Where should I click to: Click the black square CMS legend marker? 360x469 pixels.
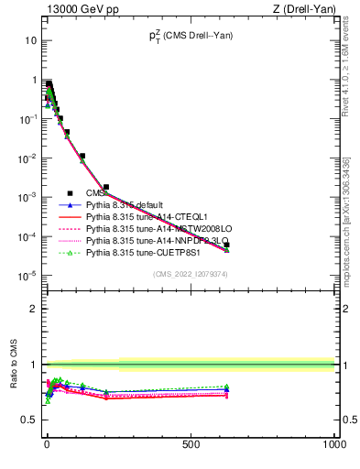click(x=70, y=193)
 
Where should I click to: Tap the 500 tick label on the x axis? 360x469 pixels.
click(x=191, y=444)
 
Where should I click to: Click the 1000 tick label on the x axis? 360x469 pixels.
click(x=333, y=444)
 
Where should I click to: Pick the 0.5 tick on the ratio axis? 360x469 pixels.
click(x=28, y=420)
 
